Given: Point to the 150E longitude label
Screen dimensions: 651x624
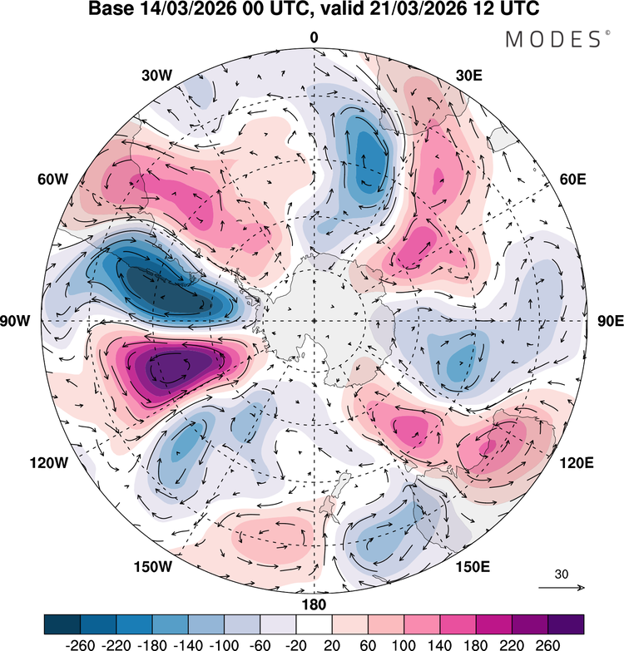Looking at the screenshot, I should [x=473, y=566].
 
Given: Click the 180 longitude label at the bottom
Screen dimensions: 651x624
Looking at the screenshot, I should [x=314, y=604].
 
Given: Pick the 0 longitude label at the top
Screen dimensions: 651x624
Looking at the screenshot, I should [x=314, y=37].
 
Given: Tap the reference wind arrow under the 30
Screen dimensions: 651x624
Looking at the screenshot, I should [x=562, y=588].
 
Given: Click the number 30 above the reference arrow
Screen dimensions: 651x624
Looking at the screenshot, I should [x=562, y=575].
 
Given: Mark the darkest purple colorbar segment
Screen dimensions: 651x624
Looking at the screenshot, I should [x=566, y=623].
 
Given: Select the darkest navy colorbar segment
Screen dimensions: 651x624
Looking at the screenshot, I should [x=62, y=623].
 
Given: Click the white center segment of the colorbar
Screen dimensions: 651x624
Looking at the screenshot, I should [x=314, y=623].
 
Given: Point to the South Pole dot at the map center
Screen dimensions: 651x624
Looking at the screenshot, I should [x=314, y=321].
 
